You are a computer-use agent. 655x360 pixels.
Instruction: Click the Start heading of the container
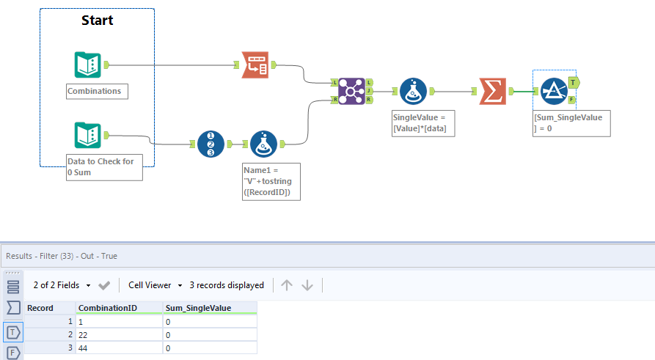pos(97,20)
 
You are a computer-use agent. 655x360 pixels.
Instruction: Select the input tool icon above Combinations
pos(88,65)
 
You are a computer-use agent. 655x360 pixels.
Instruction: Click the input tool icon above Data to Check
pos(88,135)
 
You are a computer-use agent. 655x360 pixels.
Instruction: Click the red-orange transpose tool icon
pos(255,65)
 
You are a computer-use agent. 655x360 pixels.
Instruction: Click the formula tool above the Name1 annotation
pos(264,144)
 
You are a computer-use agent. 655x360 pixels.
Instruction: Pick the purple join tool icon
pos(351,91)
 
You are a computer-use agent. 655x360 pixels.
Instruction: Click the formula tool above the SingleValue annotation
pos(414,91)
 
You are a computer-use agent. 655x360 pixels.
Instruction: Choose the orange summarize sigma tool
pos(492,91)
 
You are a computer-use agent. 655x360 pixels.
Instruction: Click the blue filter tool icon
pos(555,91)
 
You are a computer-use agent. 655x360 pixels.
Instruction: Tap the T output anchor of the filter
pos(574,81)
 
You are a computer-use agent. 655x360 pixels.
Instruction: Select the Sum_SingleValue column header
pos(198,308)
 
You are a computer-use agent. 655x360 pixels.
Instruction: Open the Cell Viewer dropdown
pos(155,285)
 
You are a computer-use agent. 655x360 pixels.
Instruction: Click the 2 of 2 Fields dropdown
pos(62,285)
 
